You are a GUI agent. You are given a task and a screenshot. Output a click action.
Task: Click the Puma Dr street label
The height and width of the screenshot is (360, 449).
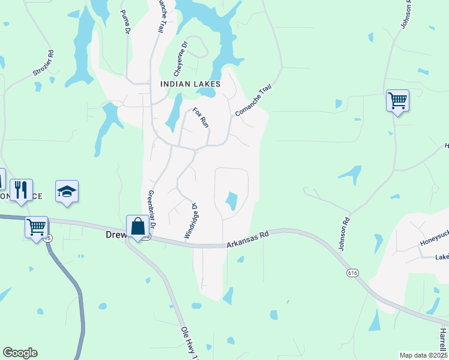(x=125, y=22)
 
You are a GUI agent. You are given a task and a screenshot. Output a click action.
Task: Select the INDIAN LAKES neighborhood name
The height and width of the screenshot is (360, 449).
(x=190, y=85)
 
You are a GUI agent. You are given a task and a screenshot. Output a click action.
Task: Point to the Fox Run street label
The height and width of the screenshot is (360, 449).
(x=200, y=118)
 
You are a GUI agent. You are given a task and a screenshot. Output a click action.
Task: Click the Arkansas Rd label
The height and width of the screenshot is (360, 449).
(x=248, y=238)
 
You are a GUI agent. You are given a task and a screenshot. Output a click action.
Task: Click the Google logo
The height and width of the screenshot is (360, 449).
(x=20, y=353)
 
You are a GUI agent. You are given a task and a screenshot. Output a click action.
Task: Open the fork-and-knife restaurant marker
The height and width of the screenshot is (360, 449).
(x=21, y=190)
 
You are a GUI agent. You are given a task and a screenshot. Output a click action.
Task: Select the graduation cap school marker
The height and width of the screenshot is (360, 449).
(x=67, y=191)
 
